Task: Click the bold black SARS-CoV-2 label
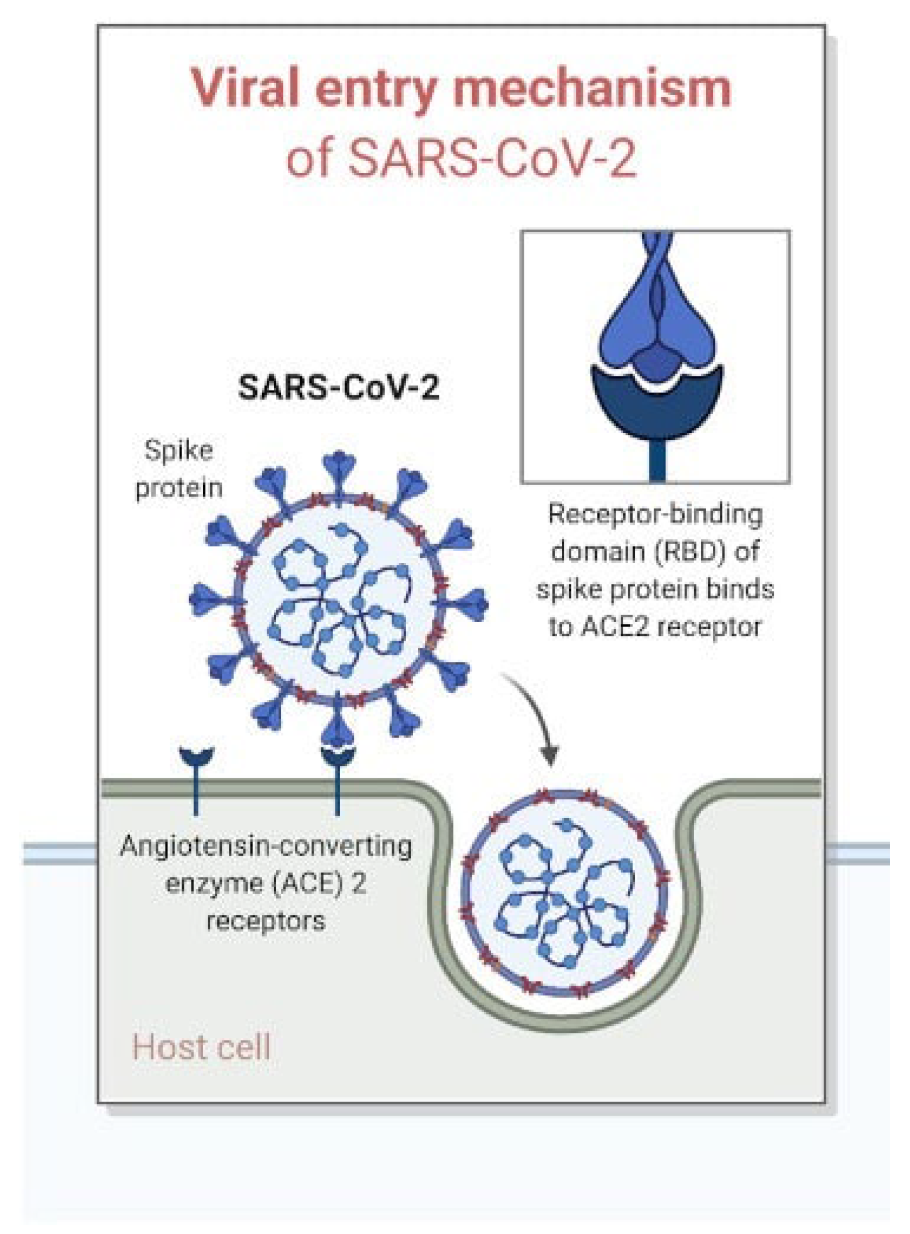tap(338, 387)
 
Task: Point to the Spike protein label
tap(178, 469)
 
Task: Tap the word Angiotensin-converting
tap(266, 846)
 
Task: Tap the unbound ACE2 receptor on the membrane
tap(196, 773)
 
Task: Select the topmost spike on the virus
tap(339, 469)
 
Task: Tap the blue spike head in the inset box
tap(657, 328)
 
